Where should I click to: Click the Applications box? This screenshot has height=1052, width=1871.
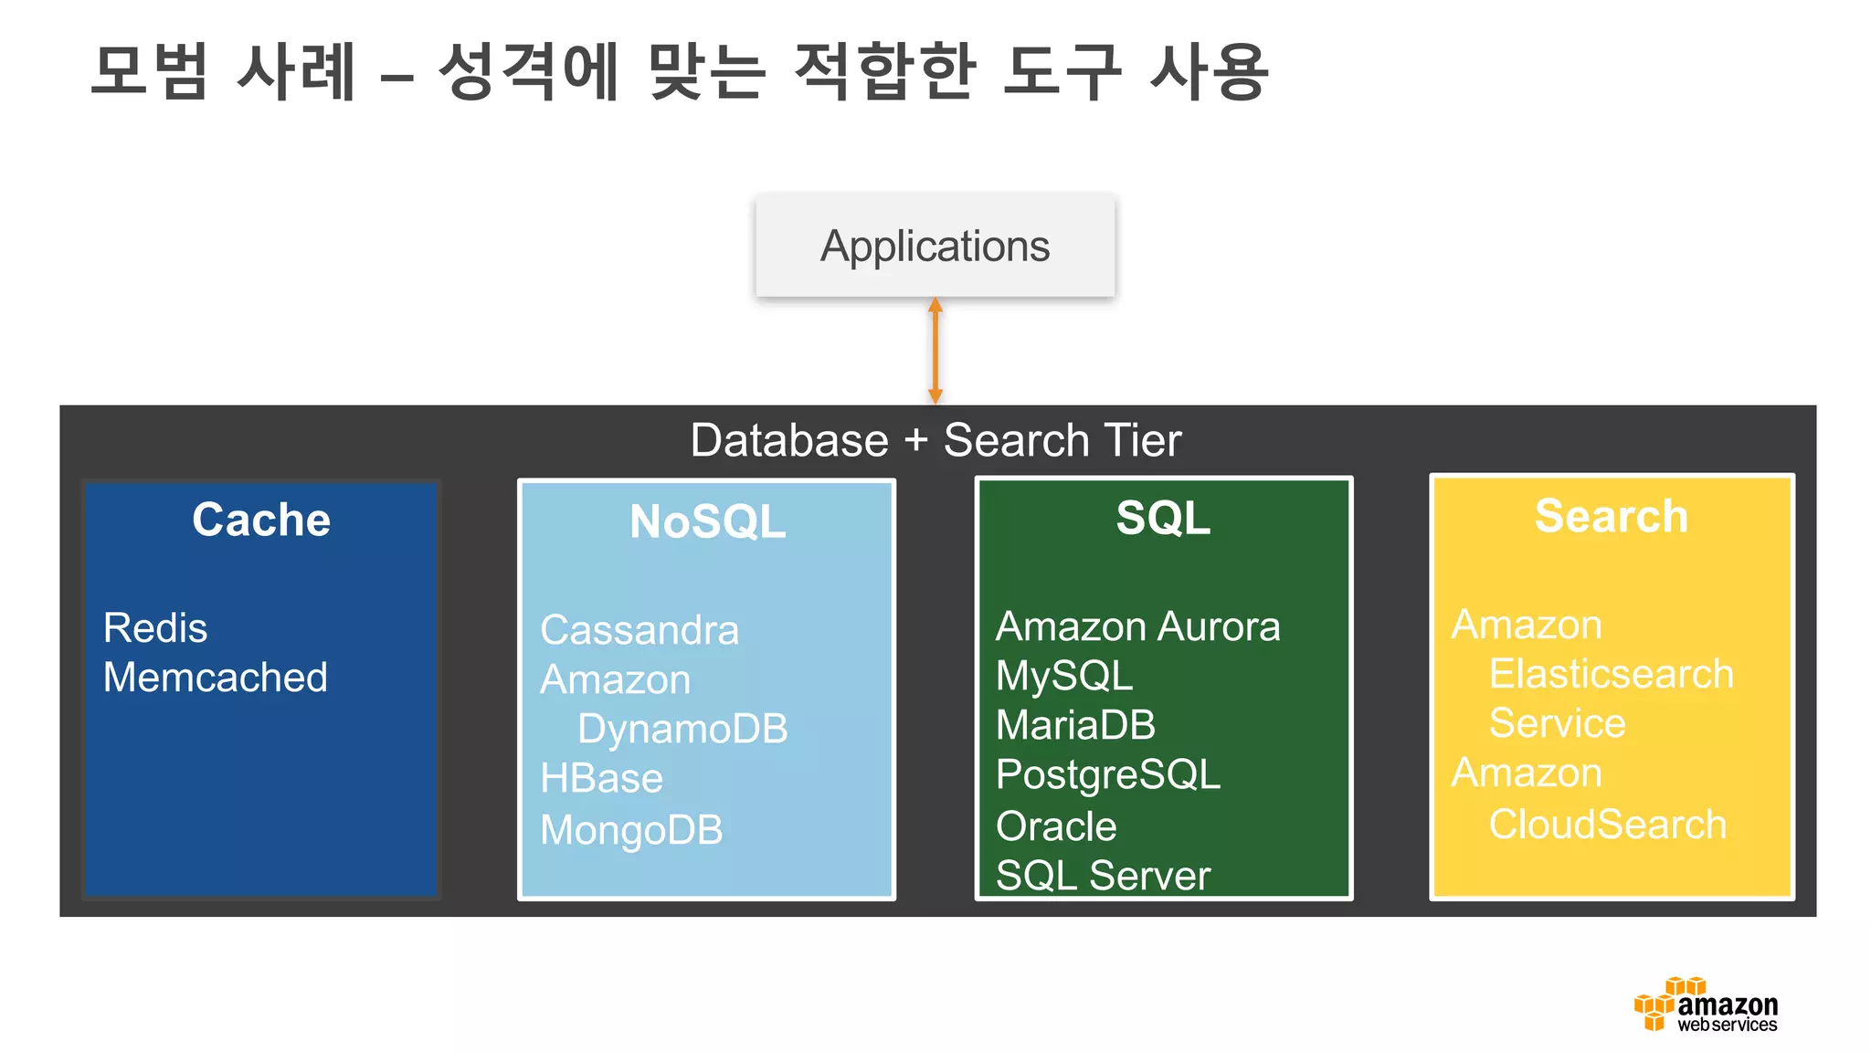tap(935, 246)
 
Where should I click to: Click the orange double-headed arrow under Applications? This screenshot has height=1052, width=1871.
tap(935, 351)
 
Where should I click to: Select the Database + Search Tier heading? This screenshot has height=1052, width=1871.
tap(935, 440)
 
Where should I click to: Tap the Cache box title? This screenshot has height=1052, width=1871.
tap(261, 520)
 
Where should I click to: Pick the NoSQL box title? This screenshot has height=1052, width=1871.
tap(707, 522)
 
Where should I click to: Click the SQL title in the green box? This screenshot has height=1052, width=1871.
tap(1163, 518)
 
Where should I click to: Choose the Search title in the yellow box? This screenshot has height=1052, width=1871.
tap(1612, 516)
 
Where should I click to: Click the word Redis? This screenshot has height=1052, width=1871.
tap(155, 628)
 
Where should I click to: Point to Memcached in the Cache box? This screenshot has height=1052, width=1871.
tap(216, 678)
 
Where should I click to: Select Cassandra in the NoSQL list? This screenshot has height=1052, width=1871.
tap(640, 630)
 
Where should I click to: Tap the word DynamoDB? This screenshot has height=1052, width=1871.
tap(682, 729)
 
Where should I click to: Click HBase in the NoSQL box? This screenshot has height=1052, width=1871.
tap(601, 779)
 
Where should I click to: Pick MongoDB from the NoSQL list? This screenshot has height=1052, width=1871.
tap(631, 830)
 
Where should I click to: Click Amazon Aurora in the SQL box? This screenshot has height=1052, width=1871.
tap(1137, 626)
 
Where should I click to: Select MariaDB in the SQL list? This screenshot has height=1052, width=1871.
tap(1075, 725)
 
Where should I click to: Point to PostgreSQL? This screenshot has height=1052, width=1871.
tap(1107, 774)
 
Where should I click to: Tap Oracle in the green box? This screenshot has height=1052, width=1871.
tap(1056, 826)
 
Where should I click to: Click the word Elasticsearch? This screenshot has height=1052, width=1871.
tap(1611, 674)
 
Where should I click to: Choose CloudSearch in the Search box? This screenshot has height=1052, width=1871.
tap(1607, 825)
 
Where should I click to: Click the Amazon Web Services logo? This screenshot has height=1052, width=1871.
tap(1705, 1005)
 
